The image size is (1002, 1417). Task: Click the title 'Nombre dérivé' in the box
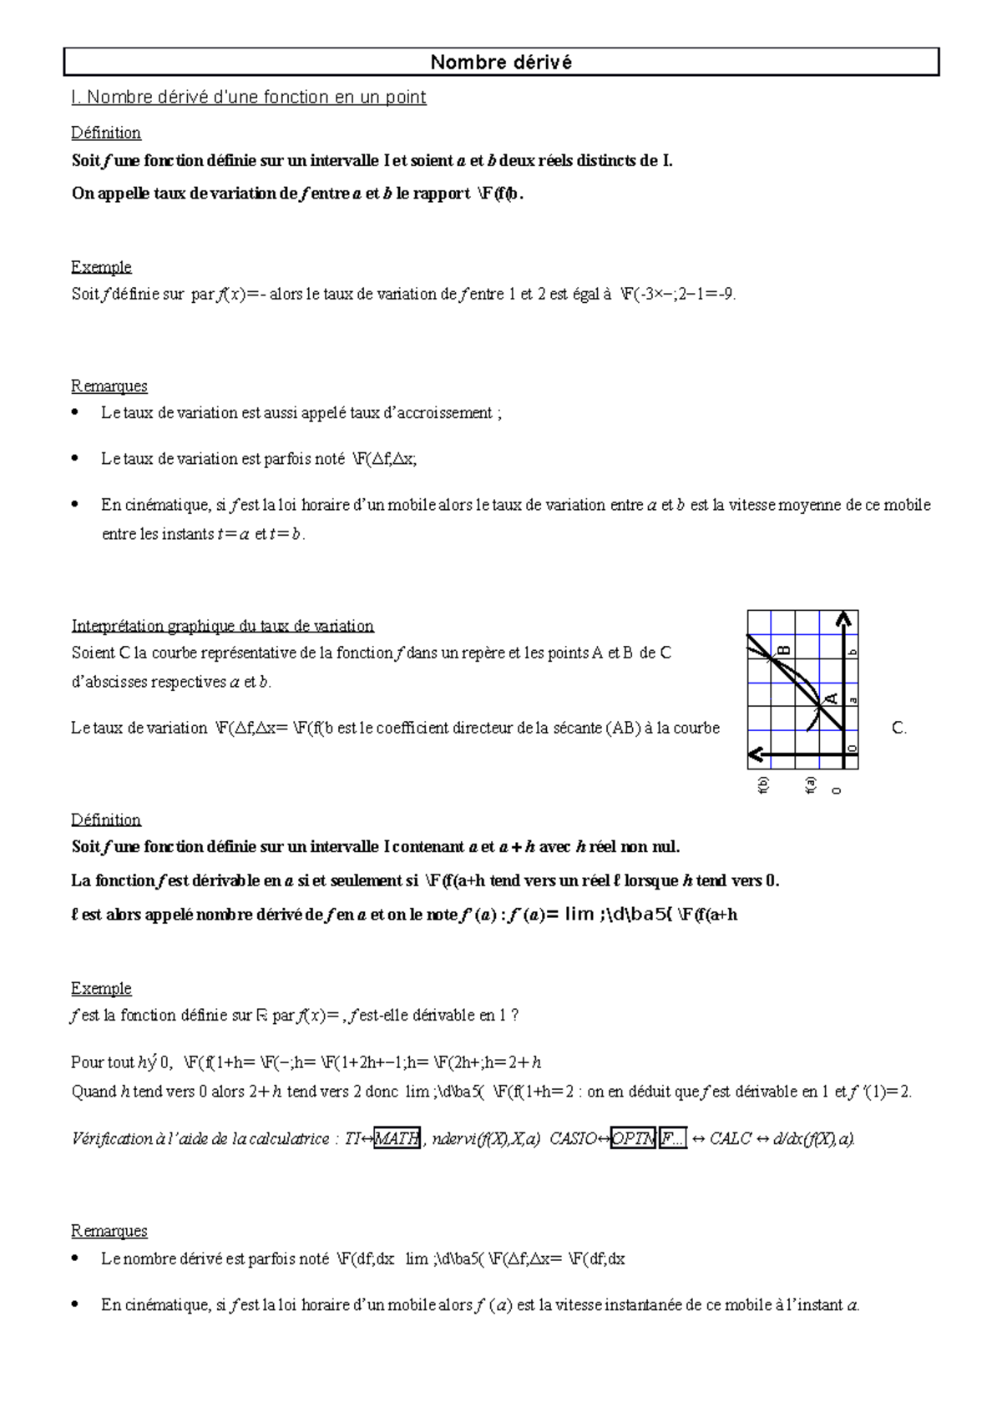501,63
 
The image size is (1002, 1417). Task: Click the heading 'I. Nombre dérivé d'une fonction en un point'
249,98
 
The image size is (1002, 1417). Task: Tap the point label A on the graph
830,698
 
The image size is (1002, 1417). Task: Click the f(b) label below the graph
762,785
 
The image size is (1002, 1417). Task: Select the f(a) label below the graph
810,785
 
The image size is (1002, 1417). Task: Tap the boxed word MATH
397,1138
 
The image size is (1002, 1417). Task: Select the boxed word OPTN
634,1138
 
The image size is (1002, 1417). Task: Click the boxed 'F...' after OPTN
673,1138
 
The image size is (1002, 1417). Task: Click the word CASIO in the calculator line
572,1138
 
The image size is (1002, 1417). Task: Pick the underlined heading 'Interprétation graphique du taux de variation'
222,626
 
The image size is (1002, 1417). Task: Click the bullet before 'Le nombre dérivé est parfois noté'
77,1258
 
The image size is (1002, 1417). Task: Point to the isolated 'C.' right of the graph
899,728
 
